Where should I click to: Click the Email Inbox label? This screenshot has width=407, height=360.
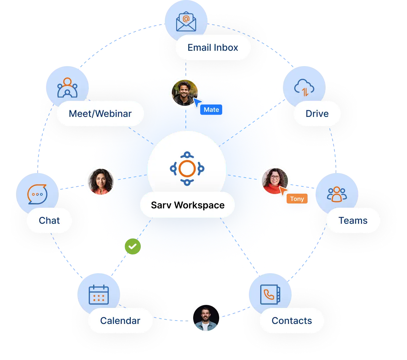tap(213, 48)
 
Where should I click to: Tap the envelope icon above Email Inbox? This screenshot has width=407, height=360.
tap(186, 22)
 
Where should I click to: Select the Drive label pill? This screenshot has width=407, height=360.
tap(317, 114)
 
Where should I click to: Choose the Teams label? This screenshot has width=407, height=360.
tap(353, 220)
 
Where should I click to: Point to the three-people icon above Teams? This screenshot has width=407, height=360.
tap(337, 194)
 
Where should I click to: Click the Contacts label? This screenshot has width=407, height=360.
tap(292, 321)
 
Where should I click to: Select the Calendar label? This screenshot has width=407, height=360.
tap(120, 321)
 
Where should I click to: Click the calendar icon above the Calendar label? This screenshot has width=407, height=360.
tap(99, 294)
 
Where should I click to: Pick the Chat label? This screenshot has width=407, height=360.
tap(49, 220)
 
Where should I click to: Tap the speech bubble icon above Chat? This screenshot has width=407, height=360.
tap(37, 194)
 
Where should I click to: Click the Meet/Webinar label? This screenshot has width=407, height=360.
tap(100, 114)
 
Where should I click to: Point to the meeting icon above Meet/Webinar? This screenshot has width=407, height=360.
tap(67, 88)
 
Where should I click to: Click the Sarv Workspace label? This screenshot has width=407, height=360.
tap(187, 205)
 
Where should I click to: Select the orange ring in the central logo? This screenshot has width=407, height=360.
tap(187, 169)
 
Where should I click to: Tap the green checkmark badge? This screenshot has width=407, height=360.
tap(133, 247)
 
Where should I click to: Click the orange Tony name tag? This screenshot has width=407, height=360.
tap(297, 199)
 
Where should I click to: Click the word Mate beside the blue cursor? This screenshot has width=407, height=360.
tap(212, 110)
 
